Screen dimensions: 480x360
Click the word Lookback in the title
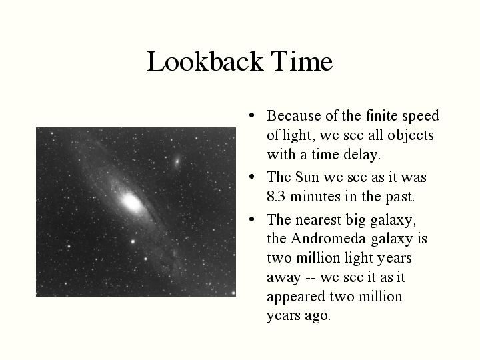205,61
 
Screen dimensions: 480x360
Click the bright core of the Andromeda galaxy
131,203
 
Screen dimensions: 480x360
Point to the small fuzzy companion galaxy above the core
177,161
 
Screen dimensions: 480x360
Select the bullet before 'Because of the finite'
252,115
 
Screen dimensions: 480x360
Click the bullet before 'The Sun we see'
252,177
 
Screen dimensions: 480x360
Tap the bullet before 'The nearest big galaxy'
252,219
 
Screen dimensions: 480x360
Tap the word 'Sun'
307,177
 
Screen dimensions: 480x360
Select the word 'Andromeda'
328,239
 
